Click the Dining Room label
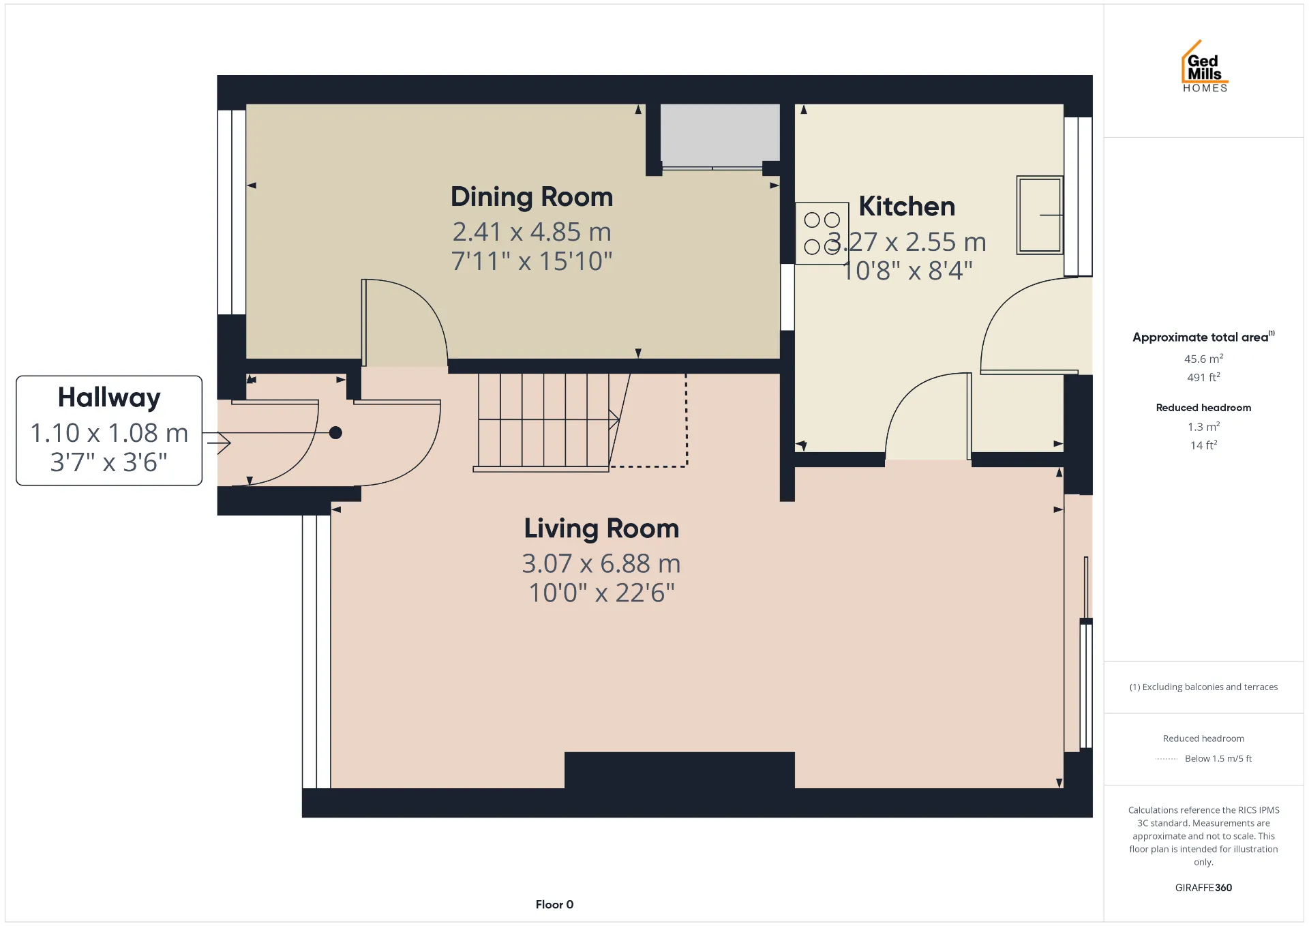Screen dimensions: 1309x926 pyautogui.click(x=532, y=197)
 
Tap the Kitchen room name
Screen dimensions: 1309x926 pyautogui.click(x=907, y=207)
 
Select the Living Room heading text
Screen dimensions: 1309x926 pyautogui.click(x=601, y=529)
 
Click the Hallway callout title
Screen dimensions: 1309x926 pyautogui.click(x=109, y=398)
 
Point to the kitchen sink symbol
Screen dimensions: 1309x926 pyautogui.click(x=1040, y=215)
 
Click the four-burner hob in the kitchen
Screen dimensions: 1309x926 pyautogui.click(x=822, y=233)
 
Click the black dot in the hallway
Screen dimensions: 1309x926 pyautogui.click(x=335, y=432)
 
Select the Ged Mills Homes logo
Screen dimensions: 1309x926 pyautogui.click(x=1205, y=66)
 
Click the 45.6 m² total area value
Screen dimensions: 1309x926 pyautogui.click(x=1203, y=359)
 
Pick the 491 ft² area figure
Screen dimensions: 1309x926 pyautogui.click(x=1203, y=377)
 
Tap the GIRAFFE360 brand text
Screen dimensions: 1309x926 pyautogui.click(x=1203, y=888)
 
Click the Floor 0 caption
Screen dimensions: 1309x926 pyautogui.click(x=554, y=905)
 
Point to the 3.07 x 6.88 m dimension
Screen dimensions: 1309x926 pyautogui.click(x=601, y=564)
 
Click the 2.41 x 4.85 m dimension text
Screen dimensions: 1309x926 pyautogui.click(x=532, y=232)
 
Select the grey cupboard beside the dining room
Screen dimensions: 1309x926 pyautogui.click(x=720, y=134)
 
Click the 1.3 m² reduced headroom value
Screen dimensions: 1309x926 pyautogui.click(x=1203, y=427)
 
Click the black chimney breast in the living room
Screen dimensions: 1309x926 pyautogui.click(x=679, y=771)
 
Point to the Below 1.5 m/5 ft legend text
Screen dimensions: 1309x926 pyautogui.click(x=1218, y=758)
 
